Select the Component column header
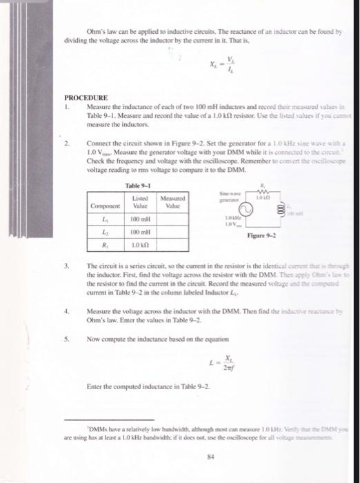106,205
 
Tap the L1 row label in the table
106,219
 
